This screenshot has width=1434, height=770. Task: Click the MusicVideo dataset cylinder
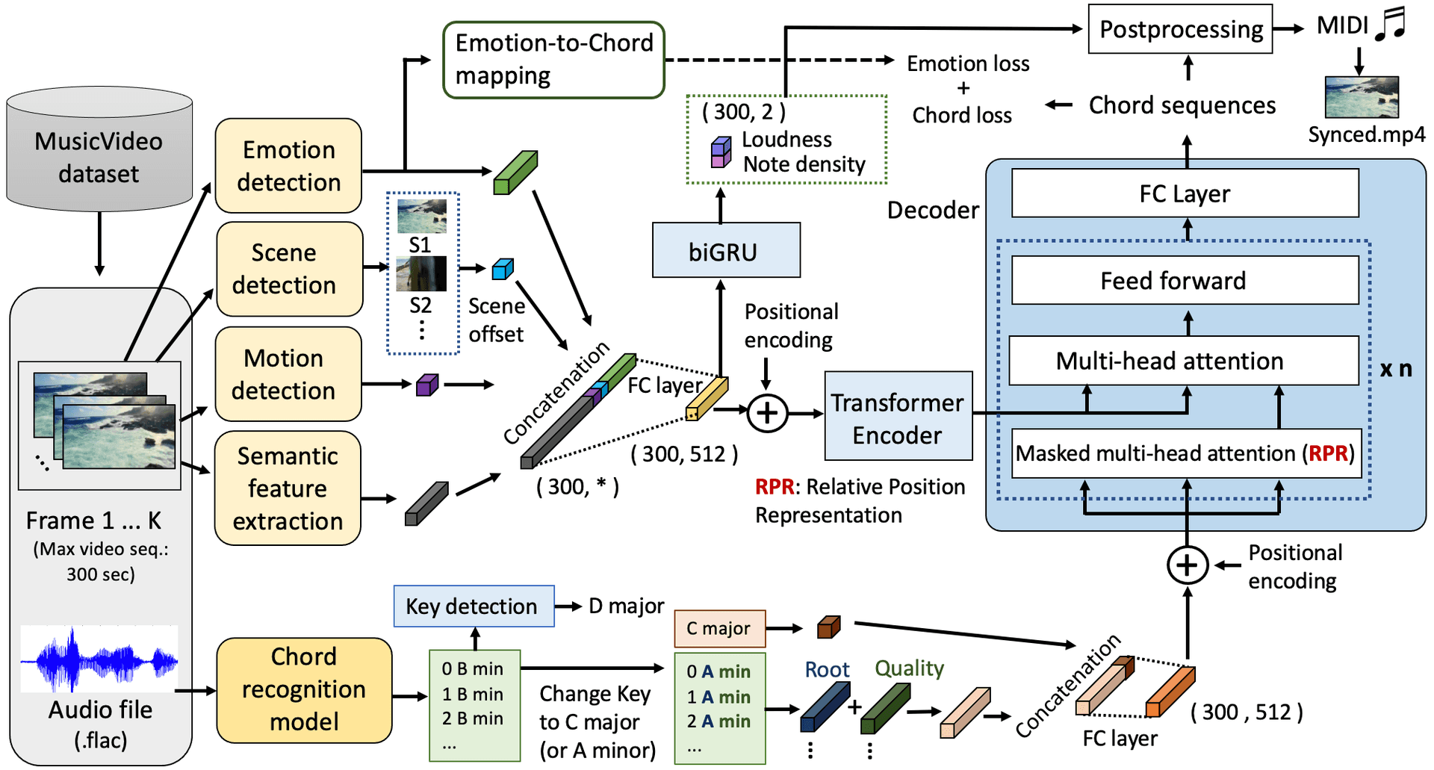click(x=99, y=149)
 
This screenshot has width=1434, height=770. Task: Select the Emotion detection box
click(x=288, y=166)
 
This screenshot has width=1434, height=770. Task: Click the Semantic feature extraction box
click(x=288, y=488)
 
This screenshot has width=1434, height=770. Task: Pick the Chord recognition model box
click(x=304, y=690)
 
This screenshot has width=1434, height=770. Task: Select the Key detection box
click(x=474, y=606)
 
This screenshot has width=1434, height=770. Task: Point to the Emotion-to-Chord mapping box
click(x=553, y=60)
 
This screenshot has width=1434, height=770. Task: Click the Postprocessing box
click(x=1180, y=29)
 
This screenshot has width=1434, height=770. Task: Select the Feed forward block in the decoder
click(x=1185, y=280)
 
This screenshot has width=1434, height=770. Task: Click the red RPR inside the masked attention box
click(x=1328, y=453)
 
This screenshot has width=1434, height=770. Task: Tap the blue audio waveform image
click(x=99, y=659)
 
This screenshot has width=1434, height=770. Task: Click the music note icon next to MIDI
click(x=1391, y=23)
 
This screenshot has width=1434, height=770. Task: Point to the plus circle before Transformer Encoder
click(x=767, y=413)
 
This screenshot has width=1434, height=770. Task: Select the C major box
click(x=720, y=629)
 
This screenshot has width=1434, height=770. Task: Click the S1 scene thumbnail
click(x=422, y=217)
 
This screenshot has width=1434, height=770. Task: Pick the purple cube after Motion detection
click(x=427, y=385)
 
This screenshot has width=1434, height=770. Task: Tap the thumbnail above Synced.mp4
click(x=1362, y=97)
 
